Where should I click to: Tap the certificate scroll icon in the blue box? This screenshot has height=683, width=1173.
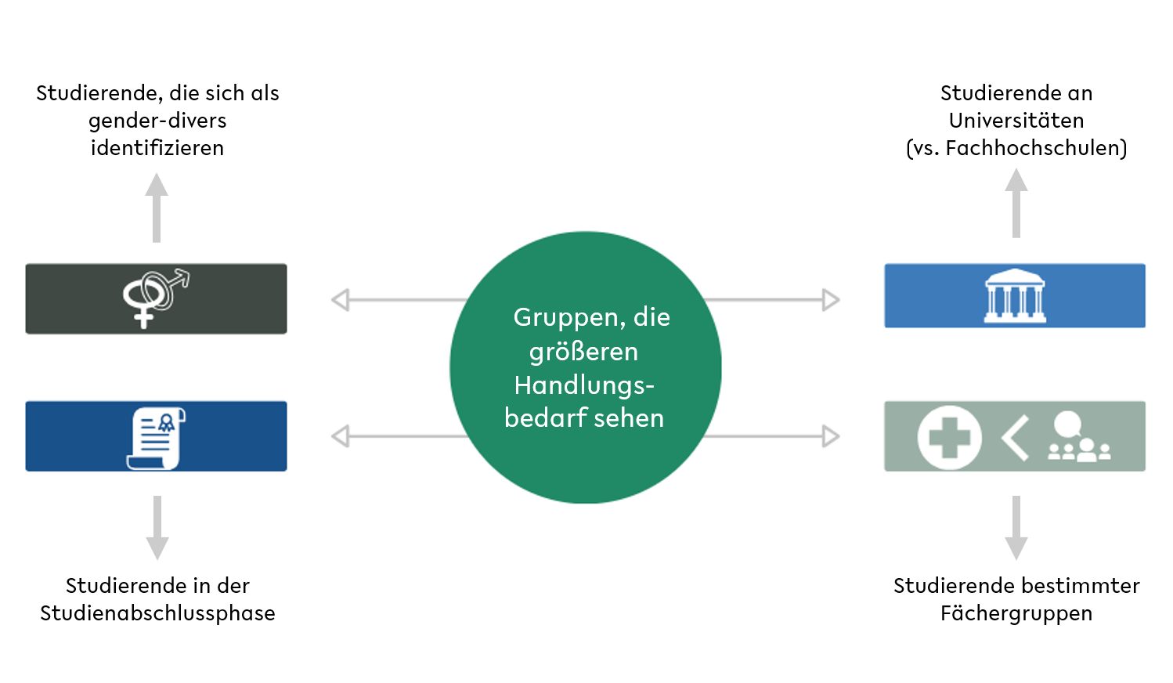[x=156, y=439]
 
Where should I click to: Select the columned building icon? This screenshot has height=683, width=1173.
[x=1015, y=295]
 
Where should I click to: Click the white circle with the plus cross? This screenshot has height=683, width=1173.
[x=949, y=437]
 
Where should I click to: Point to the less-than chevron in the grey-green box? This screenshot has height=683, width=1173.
[x=1015, y=438]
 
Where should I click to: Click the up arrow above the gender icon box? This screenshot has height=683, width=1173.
[x=157, y=208]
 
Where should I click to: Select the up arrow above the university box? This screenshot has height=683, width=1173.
[x=1016, y=203]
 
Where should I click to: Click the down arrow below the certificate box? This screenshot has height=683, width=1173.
[x=157, y=527]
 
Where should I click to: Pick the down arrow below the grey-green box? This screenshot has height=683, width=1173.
[x=1016, y=527]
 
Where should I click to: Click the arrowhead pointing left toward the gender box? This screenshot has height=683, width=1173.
[x=341, y=300]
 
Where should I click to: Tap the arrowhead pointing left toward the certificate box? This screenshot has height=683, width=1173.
[x=341, y=436]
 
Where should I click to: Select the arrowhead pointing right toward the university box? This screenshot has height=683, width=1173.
[x=831, y=300]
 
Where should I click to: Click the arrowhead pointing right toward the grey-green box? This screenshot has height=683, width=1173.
[x=831, y=436]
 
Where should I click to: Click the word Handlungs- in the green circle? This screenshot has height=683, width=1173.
[x=584, y=385]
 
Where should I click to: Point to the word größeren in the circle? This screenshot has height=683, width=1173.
[x=583, y=352]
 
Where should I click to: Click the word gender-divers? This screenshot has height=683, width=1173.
[x=157, y=121]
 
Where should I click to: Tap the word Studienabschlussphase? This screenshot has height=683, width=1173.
[x=157, y=613]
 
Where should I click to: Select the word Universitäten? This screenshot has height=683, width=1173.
[x=1016, y=121]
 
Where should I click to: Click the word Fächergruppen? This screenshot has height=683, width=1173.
[x=1016, y=613]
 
